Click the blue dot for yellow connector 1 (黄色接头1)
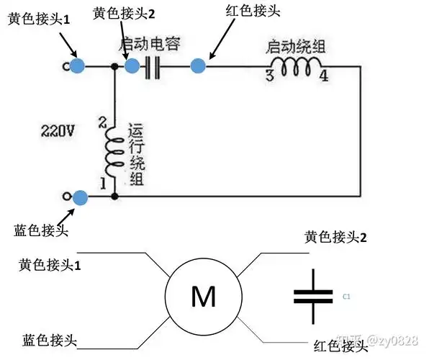coord(78,66)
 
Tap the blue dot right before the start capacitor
coord(132,66)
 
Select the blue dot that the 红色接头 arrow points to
coord(198,66)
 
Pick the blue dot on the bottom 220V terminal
coord(81,196)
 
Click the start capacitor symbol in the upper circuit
coord(152,67)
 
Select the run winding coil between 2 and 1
coord(114,153)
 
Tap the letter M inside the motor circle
coord(204,297)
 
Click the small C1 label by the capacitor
coord(346,296)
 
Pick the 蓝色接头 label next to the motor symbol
coord(50,339)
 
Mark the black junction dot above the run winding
coord(114,66)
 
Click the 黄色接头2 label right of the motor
coord(335,236)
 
